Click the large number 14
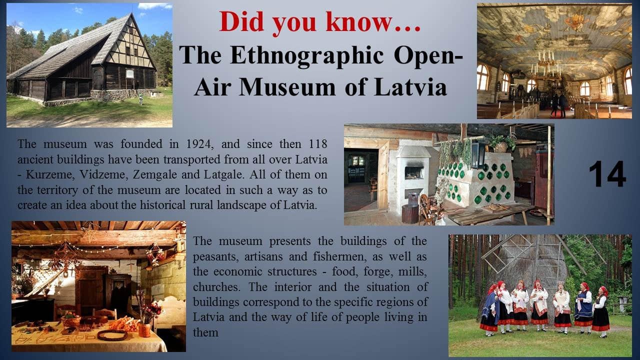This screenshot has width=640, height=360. point(607,173)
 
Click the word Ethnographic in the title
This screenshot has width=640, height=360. point(307,55)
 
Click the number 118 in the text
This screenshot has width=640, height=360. point(317,143)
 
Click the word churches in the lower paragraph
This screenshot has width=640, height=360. point(216,287)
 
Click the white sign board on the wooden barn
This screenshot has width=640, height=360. point(129,74)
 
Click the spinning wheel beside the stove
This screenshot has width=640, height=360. point(427,208)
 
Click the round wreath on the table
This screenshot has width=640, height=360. point(112,335)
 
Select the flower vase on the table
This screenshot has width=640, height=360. point(144,329)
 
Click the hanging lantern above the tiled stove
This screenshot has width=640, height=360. point(477,154)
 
